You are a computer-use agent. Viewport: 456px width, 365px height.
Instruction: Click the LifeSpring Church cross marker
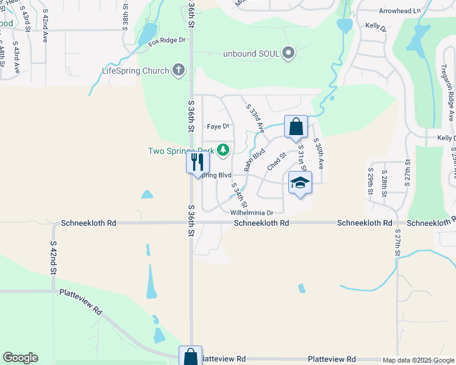pos(179,70)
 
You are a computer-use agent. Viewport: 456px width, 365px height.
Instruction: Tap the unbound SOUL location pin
pos(289,54)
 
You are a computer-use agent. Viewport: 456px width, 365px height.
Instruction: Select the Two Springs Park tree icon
pos(223,150)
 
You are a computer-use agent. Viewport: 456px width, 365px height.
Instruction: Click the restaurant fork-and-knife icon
pos(198,162)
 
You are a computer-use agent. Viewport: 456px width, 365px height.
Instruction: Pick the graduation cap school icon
pos(300,182)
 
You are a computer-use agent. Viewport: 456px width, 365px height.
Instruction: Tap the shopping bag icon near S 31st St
pos(296,127)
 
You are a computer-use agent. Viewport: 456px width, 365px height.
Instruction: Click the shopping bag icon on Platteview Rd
pos(190,356)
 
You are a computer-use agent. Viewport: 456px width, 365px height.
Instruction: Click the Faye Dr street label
pos(218,127)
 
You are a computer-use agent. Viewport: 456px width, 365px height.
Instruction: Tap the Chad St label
pos(277,162)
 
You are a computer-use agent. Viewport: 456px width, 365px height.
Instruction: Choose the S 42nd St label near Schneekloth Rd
pos(53,256)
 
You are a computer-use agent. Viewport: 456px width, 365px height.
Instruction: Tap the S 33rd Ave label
pos(255,118)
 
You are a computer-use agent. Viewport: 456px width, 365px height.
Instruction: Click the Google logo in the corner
pos(20,358)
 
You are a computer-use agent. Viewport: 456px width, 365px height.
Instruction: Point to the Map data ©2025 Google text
pos(418,360)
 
